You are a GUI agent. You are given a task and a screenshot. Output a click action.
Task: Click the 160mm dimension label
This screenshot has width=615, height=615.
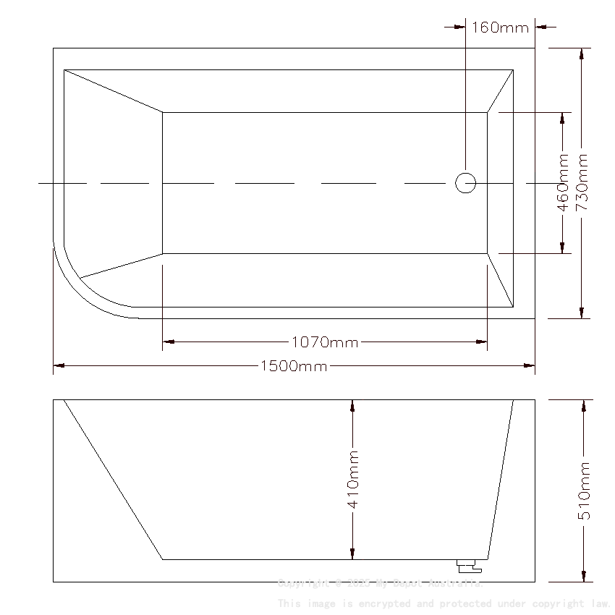500,27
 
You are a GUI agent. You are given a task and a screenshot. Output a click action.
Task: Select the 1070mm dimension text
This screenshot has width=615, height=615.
325,342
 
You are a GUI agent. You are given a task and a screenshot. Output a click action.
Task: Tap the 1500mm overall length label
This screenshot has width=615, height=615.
293,366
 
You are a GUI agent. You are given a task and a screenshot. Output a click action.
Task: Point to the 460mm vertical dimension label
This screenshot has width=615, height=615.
563,182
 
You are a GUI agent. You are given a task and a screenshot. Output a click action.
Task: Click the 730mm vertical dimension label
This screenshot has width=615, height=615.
582,182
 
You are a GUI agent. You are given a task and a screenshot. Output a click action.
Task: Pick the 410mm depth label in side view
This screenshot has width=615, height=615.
353,479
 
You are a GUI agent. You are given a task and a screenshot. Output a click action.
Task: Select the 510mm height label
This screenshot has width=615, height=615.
585,491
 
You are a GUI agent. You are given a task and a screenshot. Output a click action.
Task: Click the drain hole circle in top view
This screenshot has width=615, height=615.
465,183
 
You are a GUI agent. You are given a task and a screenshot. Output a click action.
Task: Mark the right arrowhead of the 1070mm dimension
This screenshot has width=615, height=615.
481,342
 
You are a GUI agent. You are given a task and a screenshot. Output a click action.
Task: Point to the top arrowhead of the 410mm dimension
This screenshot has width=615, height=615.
352,406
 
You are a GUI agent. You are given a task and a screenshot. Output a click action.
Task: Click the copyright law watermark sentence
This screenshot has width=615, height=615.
444,603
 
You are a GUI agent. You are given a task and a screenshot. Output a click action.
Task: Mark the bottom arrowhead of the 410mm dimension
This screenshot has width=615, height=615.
352,553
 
